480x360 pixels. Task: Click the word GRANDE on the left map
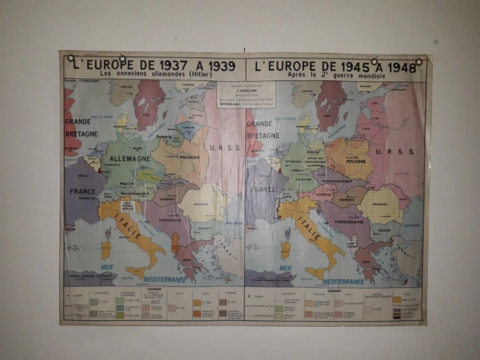point(78,121)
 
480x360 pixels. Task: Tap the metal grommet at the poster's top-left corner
point(70,58)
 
